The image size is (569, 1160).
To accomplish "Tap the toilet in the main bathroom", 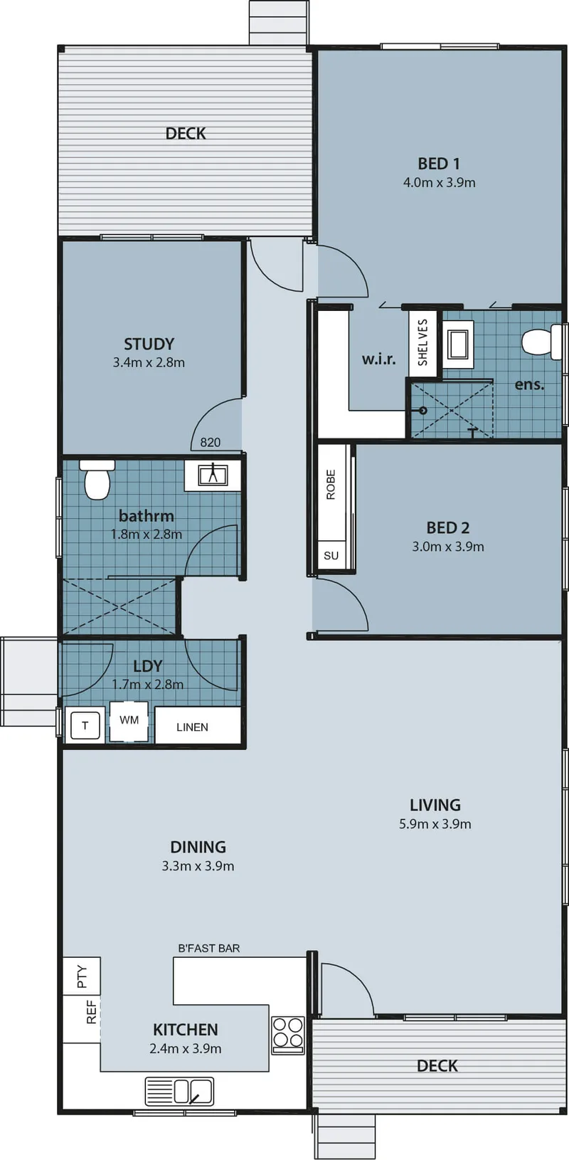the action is pos(97,479).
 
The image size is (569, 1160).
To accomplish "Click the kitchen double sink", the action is pos(179,1091).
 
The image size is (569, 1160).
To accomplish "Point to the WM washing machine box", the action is pos(129,720).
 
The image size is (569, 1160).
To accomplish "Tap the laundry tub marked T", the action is pos(85,725).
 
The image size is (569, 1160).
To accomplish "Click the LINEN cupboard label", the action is pos(192,727).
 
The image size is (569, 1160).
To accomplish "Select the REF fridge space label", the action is pos(91,1011).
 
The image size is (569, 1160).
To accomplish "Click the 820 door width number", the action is pos(211,442).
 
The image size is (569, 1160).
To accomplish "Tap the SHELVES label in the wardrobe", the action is pos(422,342).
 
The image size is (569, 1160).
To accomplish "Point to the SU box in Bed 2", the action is pos(331,556).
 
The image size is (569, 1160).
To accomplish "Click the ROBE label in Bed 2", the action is pos(331,485).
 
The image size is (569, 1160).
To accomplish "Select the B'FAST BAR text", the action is pos(208,948).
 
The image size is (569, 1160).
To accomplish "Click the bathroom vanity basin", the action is pos(213,475).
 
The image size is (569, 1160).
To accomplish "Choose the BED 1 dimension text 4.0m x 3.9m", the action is pos(440,182).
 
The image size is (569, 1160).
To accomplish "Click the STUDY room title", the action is pos(149,344).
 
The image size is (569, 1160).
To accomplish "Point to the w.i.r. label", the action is pos(379,359).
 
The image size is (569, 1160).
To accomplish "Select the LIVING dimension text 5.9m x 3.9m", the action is pos(435,824).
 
